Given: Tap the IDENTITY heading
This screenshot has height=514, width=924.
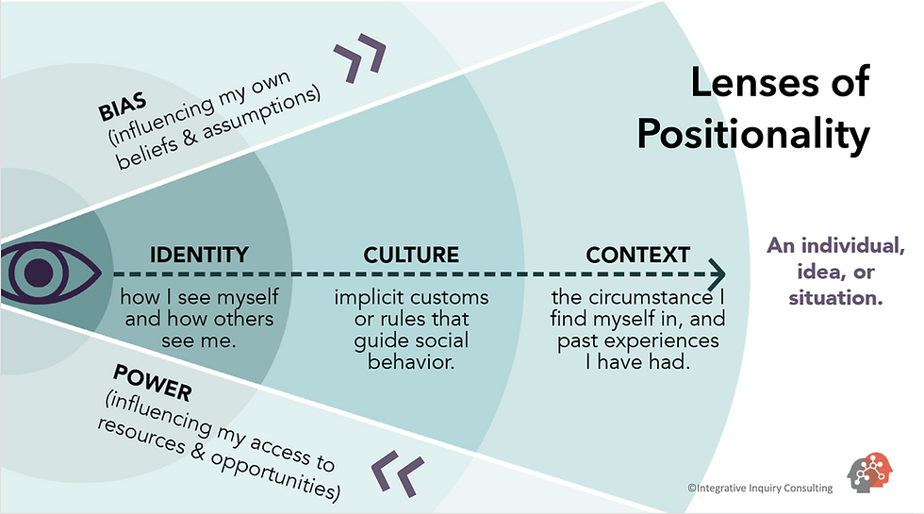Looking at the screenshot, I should tap(199, 255).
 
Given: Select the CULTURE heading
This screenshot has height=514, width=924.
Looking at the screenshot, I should tap(411, 255).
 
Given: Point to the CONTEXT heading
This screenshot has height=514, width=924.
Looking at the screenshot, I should tap(637, 255).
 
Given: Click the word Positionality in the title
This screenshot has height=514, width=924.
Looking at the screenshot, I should tap(752, 134).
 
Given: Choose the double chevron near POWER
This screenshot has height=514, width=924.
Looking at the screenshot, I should tap(396, 472).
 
